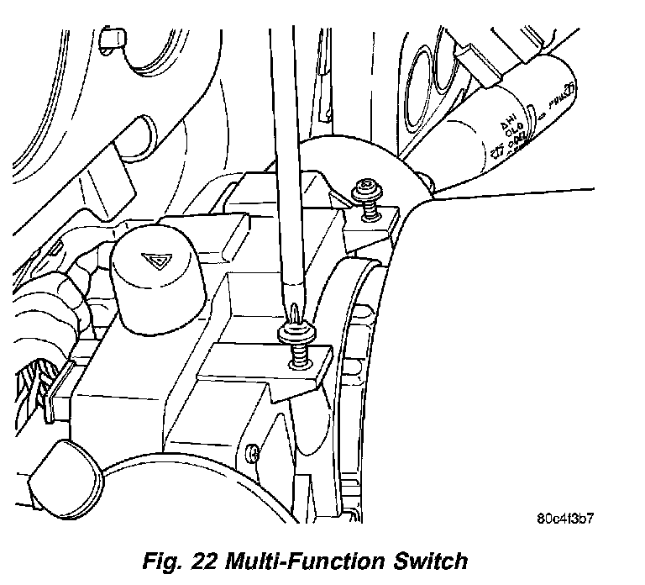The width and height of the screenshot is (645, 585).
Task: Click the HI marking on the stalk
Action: coord(510,124)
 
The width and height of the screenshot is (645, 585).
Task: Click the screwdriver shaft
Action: coord(283,168)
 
